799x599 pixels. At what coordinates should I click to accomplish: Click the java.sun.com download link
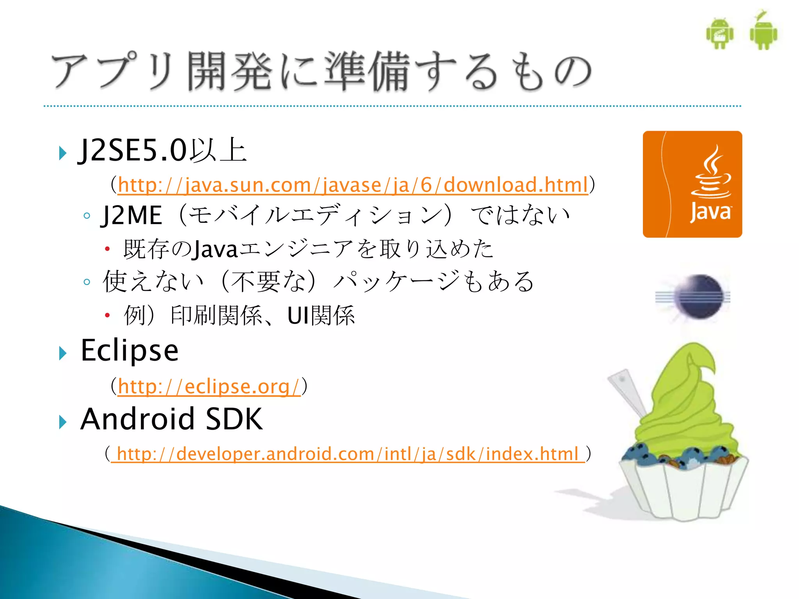pyautogui.click(x=353, y=185)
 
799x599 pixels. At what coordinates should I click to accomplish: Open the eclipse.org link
pyautogui.click(x=209, y=386)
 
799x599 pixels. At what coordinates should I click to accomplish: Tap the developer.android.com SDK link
pyautogui.click(x=347, y=454)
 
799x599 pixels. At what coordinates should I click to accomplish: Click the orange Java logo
pyautogui.click(x=692, y=184)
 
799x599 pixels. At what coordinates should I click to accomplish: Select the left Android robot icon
pyautogui.click(x=720, y=34)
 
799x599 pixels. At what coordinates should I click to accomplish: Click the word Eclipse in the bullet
pyautogui.click(x=130, y=351)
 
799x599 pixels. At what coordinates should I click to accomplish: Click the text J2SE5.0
pyautogui.click(x=133, y=151)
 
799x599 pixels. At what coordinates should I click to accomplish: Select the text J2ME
pyautogui.click(x=131, y=216)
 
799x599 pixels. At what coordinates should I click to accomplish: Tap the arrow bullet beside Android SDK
pyautogui.click(x=62, y=422)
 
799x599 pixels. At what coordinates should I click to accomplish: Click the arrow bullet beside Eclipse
pyautogui.click(x=62, y=353)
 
